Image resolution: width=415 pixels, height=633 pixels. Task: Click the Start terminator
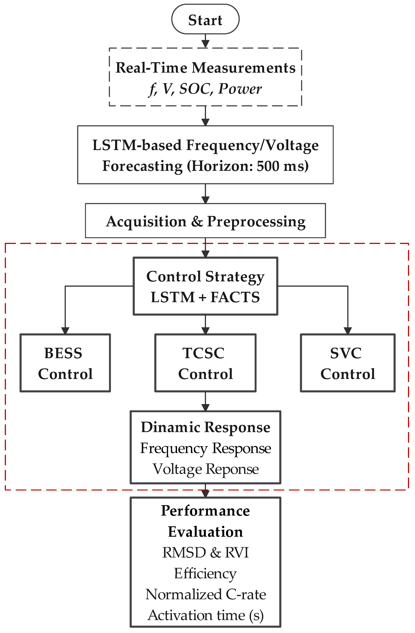[x=205, y=19]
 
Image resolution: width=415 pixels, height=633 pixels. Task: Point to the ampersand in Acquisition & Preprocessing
[x=197, y=221]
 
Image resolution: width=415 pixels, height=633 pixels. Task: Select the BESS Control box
[x=65, y=363]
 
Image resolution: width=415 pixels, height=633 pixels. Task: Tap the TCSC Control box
[x=205, y=363]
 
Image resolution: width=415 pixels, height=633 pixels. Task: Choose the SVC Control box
[x=347, y=363]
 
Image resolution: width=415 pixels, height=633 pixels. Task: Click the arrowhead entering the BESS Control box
[x=65, y=331]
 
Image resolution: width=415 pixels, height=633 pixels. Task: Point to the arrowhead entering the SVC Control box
[x=348, y=331]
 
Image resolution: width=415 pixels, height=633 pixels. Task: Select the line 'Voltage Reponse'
[x=205, y=469]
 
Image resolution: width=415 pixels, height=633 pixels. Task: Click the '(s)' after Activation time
[x=256, y=615]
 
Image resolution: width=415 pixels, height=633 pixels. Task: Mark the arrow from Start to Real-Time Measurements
[x=205, y=41]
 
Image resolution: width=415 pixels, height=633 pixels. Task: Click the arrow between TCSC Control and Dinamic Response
[x=205, y=402]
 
